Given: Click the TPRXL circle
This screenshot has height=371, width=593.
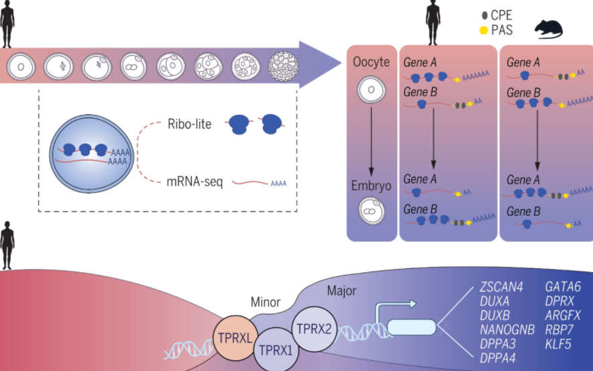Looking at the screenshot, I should pyautogui.click(x=234, y=334).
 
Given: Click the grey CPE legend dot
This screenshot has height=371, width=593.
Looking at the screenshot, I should pyautogui.click(x=482, y=14).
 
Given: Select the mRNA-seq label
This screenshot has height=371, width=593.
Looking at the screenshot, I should pyautogui.click(x=193, y=180).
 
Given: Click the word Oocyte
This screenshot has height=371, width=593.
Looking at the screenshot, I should pyautogui.click(x=371, y=62).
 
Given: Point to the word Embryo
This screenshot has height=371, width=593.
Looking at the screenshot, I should pyautogui.click(x=371, y=184).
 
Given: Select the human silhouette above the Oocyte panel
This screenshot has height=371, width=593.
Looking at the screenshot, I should pyautogui.click(x=433, y=24).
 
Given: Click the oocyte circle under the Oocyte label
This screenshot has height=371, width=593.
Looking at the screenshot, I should pyautogui.click(x=370, y=90).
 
